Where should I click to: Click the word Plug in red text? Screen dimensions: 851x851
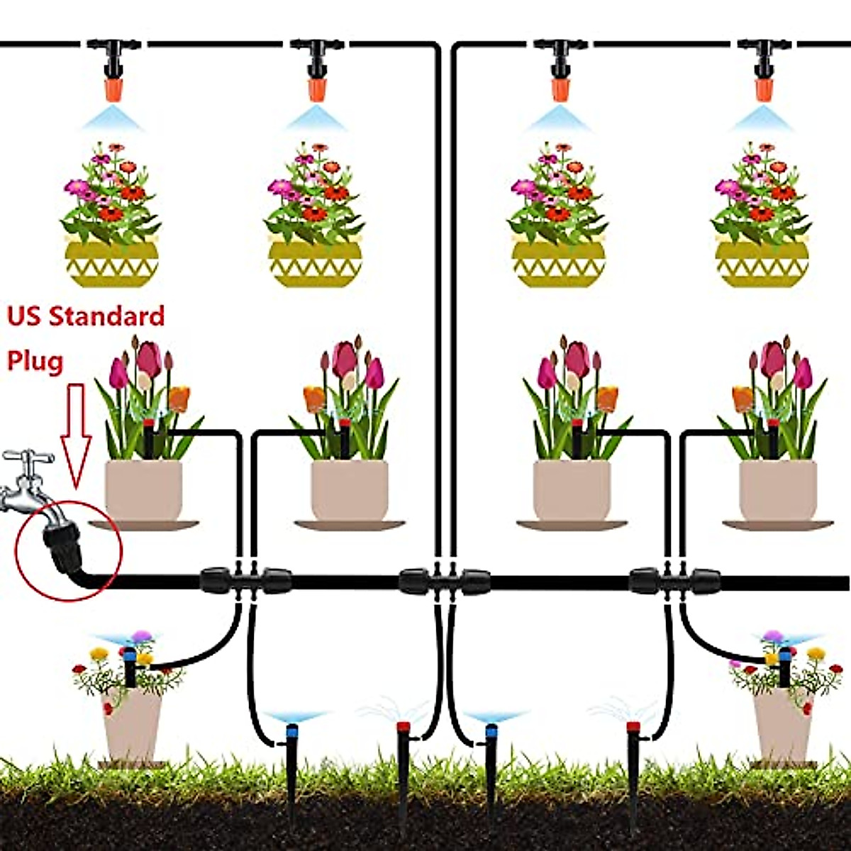35,361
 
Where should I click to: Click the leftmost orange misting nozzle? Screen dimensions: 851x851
113,89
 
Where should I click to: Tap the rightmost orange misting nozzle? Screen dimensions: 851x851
763,89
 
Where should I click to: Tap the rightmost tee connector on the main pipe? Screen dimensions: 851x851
674,581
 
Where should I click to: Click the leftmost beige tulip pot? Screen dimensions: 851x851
143,489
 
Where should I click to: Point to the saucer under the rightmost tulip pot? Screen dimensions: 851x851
777,525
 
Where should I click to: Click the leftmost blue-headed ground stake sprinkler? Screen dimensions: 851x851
291,738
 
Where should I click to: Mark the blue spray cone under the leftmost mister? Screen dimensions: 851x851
113,118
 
